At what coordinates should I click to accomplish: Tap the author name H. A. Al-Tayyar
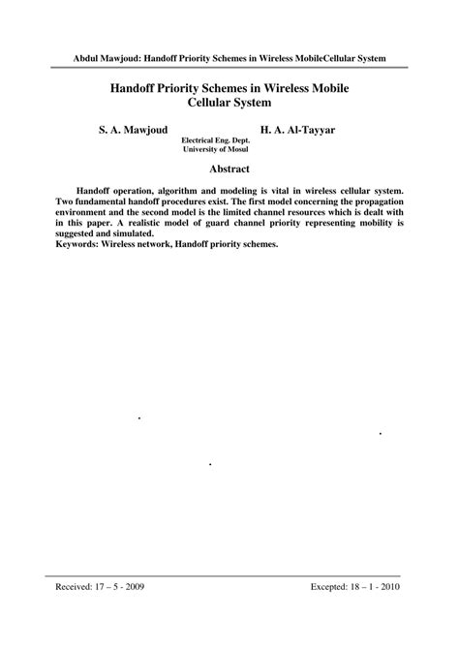point(299,128)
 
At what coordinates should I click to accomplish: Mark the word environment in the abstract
point(86,213)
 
